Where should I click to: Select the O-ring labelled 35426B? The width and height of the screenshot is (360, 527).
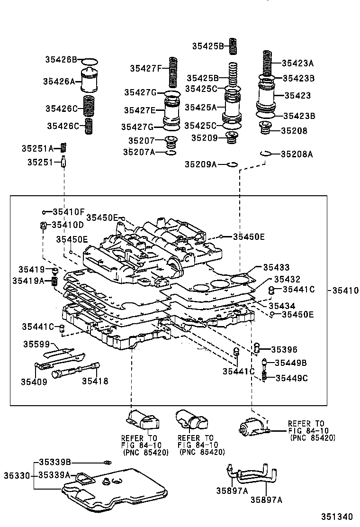[90, 62]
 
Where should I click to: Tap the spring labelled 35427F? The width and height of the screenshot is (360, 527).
[174, 71]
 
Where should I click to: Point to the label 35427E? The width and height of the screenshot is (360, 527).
[140, 110]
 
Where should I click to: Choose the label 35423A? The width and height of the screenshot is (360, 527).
[297, 63]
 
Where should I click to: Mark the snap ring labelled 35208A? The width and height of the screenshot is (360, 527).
[266, 153]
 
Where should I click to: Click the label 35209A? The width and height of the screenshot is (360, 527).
[200, 164]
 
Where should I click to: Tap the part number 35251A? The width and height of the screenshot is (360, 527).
[37, 148]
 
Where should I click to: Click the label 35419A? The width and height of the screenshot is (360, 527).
[28, 281]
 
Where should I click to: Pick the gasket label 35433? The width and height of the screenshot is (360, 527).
[276, 268]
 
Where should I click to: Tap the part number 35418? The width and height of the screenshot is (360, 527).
[95, 381]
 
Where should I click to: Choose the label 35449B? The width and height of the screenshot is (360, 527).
[291, 363]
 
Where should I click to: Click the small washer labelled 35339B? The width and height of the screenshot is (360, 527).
[108, 462]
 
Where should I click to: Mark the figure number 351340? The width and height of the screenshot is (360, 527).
[338, 517]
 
